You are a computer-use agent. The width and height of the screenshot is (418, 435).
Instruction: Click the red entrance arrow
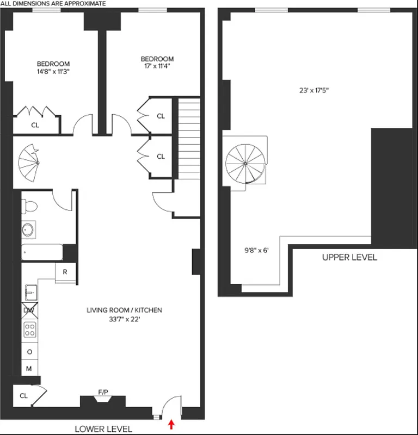coord(172,424)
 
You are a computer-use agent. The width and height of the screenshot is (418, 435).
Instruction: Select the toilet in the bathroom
coord(30,206)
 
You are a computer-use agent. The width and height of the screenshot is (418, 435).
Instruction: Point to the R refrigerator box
coord(65,272)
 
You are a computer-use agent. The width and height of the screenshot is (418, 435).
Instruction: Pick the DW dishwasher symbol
coord(29,310)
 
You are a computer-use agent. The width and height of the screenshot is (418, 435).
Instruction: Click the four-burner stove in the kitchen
coord(30,330)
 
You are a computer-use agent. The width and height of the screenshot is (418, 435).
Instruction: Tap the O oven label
coord(29,351)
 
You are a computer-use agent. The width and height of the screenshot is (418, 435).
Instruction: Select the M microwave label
coord(29,369)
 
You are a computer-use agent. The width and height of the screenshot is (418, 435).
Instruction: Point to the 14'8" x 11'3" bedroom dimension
coord(53,67)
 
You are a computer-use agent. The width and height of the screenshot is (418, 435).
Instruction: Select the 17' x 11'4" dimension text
coord(157,63)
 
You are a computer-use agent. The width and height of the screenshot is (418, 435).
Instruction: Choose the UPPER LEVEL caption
coord(349,258)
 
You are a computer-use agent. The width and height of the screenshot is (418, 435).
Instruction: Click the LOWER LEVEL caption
coord(103,429)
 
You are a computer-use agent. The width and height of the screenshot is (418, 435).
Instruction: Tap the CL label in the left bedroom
coord(35,125)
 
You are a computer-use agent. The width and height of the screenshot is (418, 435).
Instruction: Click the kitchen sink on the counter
coord(30,292)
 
